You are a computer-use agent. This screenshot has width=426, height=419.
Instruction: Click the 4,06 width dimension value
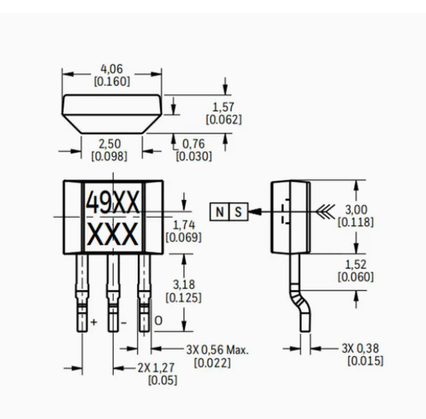coord(112,69)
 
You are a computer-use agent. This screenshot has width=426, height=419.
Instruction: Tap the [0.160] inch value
coord(112,82)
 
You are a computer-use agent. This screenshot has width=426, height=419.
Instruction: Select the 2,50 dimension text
coord(109,144)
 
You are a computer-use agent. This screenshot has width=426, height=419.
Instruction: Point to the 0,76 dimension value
coord(193,144)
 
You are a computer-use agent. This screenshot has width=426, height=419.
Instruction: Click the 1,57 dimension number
coord(223,107)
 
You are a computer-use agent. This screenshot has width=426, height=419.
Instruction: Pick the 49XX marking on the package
coord(113,202)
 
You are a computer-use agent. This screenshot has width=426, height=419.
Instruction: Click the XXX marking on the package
coord(112,234)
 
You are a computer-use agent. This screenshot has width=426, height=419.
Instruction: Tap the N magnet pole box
coord(220,212)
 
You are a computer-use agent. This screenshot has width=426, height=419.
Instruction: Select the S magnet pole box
coord(239,212)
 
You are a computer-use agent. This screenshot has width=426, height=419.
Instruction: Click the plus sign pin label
coord(94,322)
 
